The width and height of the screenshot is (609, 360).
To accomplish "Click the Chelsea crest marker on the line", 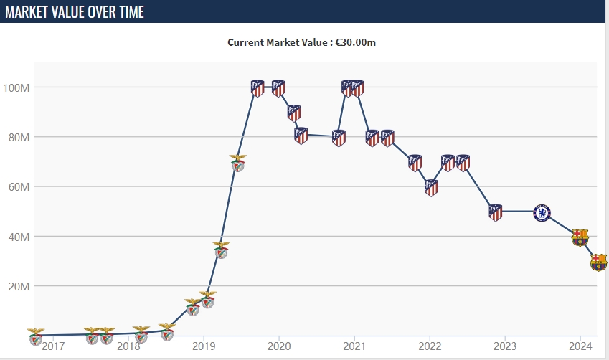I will [x=543, y=212].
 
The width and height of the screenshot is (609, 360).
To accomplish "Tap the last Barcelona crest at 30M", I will [x=598, y=262].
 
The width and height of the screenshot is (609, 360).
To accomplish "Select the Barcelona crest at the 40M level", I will [x=580, y=237].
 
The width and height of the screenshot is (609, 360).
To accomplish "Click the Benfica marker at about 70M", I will [x=237, y=163].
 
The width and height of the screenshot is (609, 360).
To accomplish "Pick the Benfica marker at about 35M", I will [x=221, y=250].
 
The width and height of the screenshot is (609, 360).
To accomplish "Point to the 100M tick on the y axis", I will [x=16, y=87].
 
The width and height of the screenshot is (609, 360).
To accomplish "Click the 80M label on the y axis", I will [x=18, y=137].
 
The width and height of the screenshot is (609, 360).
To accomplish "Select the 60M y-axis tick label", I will [x=18, y=186].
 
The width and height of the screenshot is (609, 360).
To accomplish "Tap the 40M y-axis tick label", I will [x=18, y=237].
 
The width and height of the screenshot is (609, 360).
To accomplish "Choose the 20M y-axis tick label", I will [x=18, y=286].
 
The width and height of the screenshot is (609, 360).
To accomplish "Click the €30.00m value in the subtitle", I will [x=356, y=42].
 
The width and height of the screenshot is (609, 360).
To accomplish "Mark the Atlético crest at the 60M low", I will [x=431, y=188].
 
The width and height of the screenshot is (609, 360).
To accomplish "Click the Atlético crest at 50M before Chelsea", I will [x=496, y=212].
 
